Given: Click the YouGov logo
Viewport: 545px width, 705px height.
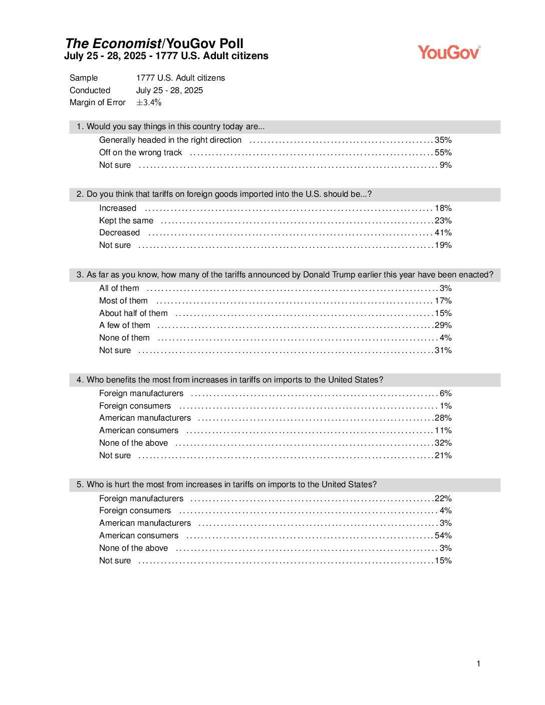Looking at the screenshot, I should [x=449, y=52].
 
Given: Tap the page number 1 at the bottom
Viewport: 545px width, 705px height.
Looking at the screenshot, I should [x=478, y=664].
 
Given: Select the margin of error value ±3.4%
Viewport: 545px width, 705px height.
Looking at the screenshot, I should [x=149, y=103].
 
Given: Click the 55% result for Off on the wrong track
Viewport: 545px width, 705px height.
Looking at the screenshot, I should [x=443, y=153].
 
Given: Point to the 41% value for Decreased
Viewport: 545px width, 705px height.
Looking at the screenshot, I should [x=443, y=233].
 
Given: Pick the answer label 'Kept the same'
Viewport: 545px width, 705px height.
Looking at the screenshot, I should [x=126, y=221].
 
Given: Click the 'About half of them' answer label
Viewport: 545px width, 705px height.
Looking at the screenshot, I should [x=133, y=313].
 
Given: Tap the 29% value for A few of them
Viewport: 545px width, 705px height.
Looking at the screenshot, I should [x=443, y=325].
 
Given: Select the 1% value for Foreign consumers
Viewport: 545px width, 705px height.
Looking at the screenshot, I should [x=445, y=406].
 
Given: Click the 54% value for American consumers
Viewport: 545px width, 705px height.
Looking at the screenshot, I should [x=443, y=536].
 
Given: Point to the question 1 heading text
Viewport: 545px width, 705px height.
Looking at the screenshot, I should [x=170, y=127].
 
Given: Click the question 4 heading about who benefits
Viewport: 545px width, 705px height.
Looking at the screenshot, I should [x=229, y=380].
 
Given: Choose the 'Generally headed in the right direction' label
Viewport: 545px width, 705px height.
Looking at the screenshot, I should [x=170, y=140].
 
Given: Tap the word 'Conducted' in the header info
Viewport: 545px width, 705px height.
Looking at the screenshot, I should [x=90, y=91].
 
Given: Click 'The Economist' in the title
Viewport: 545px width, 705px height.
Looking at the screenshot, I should [x=113, y=44].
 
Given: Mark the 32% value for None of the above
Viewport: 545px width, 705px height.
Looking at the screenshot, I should [x=443, y=443].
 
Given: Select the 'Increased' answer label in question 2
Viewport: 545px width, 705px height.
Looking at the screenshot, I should [x=118, y=208].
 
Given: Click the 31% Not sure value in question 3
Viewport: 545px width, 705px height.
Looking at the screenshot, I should [x=443, y=350].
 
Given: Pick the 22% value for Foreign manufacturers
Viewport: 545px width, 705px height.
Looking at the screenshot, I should [x=443, y=499].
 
